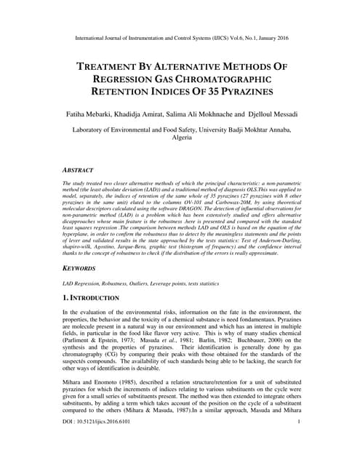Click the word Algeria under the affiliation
[x=181, y=137]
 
